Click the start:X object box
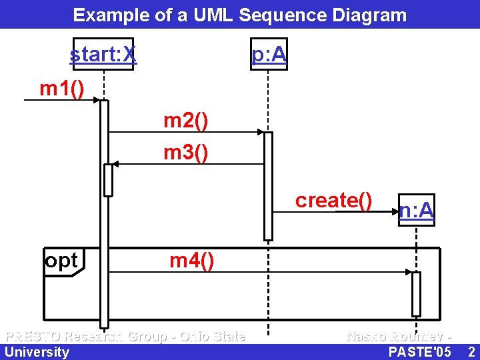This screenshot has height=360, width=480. click(x=103, y=54)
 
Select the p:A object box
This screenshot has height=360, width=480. click(x=269, y=54)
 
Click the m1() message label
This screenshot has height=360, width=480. click(x=62, y=88)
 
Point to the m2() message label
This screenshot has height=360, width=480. click(x=186, y=121)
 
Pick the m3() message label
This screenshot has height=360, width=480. click(x=186, y=153)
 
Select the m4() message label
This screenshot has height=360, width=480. click(x=192, y=261)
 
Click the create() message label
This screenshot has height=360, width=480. click(x=333, y=200)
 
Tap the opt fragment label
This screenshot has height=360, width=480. click(x=61, y=261)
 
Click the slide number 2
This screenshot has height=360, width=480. click(x=471, y=352)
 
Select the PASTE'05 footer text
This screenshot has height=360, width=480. click(x=419, y=352)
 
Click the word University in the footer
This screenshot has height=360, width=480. click(x=37, y=352)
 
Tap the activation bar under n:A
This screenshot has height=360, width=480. click(x=416, y=293)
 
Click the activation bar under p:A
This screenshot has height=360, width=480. click(x=268, y=185)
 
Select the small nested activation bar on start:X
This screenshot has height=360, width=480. click(x=108, y=180)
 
